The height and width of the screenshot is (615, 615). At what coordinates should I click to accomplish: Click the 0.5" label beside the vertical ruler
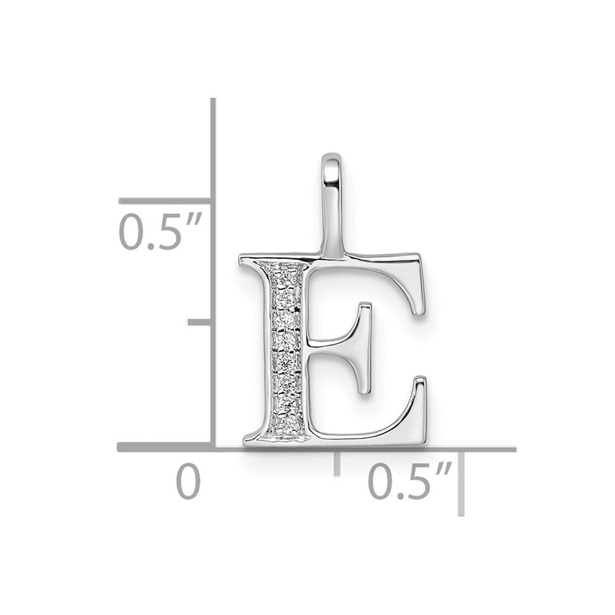[160, 231]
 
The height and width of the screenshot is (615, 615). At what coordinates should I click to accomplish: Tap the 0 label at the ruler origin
[188, 481]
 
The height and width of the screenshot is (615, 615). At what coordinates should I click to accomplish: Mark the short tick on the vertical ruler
[200, 322]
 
